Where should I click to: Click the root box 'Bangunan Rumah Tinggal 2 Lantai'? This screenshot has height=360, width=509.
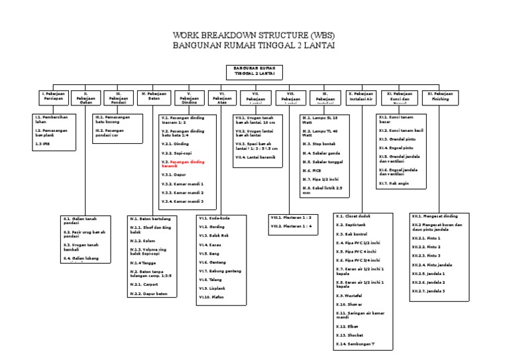pyautogui.click(x=254, y=73)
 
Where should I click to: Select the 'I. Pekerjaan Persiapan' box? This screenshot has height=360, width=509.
pyautogui.click(x=53, y=97)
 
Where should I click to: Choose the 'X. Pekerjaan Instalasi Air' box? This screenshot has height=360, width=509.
pyautogui.click(x=361, y=97)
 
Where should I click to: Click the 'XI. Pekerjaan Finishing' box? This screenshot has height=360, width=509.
pyautogui.click(x=440, y=97)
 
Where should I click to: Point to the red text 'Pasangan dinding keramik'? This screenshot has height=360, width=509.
pyautogui.click(x=185, y=164)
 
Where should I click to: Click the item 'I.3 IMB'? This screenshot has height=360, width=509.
pyautogui.click(x=43, y=143)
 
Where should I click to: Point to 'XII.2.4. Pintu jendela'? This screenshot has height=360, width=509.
pyautogui.click(x=428, y=265)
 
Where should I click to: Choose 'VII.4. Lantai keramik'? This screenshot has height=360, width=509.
pyautogui.click(x=254, y=157)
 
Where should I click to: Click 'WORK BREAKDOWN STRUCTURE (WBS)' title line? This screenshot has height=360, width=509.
pyautogui.click(x=254, y=34)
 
